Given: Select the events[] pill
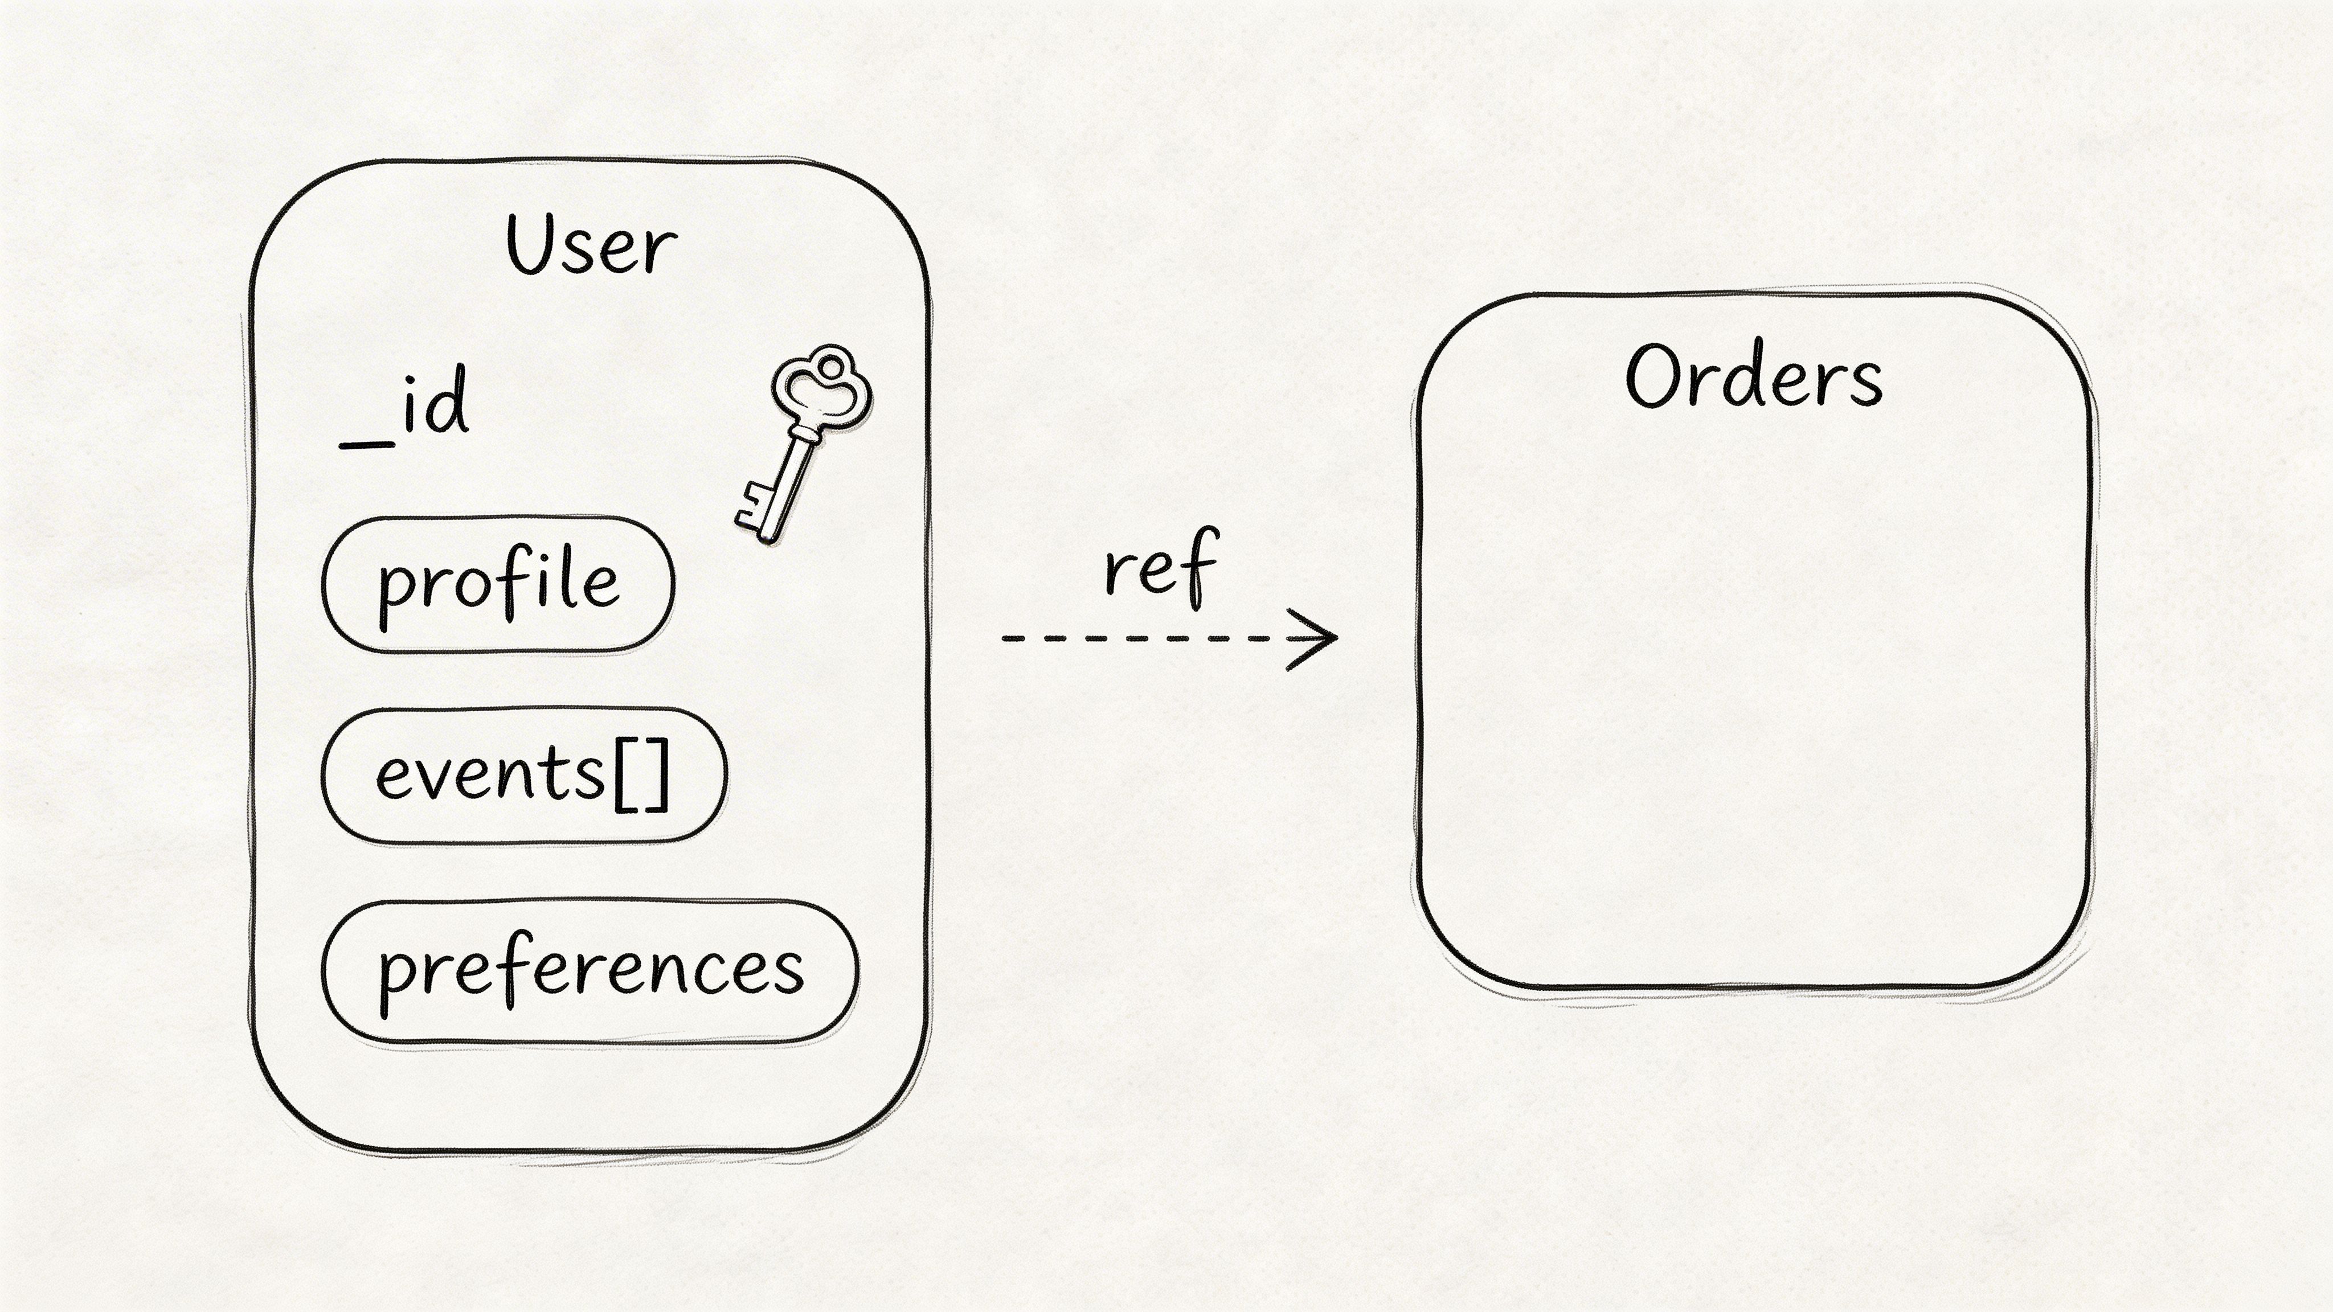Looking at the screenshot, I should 523,775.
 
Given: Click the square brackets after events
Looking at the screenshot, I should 642,775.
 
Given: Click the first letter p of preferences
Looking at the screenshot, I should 396,978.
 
